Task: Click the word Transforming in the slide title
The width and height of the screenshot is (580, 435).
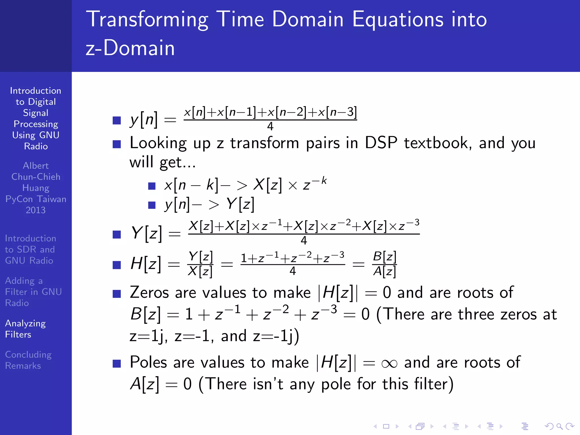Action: (x=147, y=20)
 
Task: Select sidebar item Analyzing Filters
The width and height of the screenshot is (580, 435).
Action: (x=25, y=329)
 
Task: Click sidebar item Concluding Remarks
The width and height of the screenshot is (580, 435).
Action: (x=28, y=360)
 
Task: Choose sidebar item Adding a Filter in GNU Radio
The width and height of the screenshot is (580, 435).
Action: (x=33, y=292)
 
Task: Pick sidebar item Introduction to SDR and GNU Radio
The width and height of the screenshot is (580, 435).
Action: (x=30, y=249)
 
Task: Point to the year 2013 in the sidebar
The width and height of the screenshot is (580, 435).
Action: (x=36, y=210)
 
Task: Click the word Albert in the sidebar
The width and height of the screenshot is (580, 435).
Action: (x=36, y=166)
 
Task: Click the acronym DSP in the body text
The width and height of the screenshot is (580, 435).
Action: (x=381, y=143)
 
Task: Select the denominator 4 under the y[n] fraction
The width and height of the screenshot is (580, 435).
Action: (x=270, y=126)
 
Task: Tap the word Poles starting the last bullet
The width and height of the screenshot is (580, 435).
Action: (x=148, y=362)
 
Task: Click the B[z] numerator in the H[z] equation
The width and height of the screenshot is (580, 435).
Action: (x=384, y=257)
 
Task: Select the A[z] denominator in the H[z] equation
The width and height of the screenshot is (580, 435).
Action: (x=384, y=271)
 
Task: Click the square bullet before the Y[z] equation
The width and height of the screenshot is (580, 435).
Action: (x=117, y=234)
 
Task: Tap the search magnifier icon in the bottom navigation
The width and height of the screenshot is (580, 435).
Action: (x=559, y=426)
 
